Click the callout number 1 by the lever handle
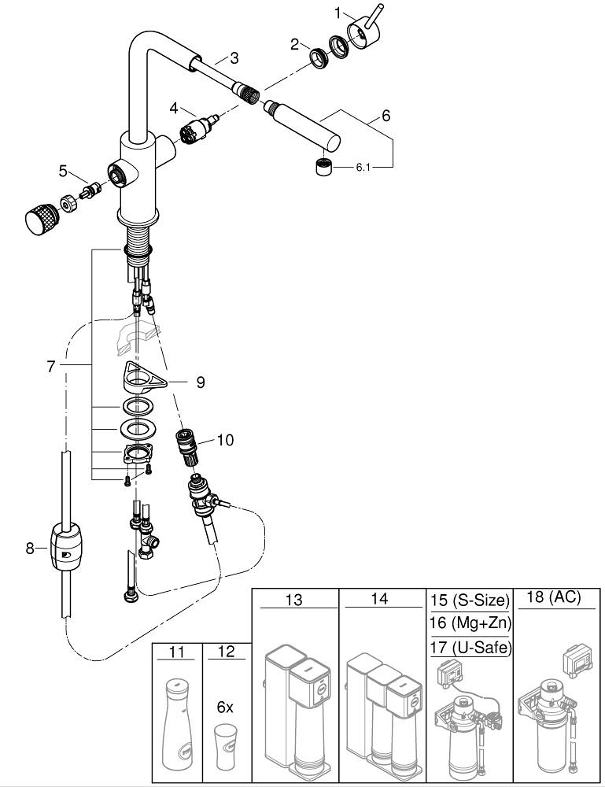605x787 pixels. click(x=338, y=13)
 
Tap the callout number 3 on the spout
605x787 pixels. click(x=234, y=57)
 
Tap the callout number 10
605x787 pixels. click(x=225, y=440)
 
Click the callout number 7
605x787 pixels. click(x=51, y=368)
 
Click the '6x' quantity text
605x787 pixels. click(x=225, y=708)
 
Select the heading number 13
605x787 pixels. click(x=293, y=600)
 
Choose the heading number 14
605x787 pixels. click(x=379, y=600)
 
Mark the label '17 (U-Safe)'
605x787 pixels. click(x=470, y=648)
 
